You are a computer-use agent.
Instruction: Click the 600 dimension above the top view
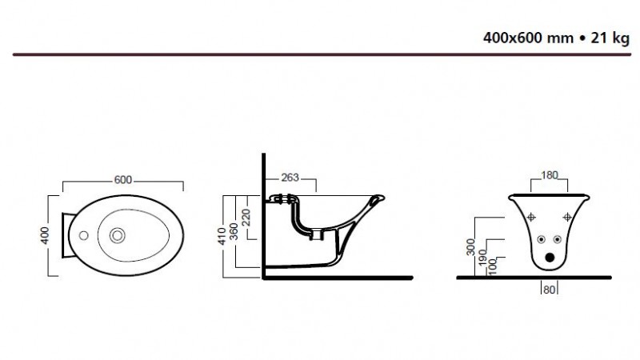click(x=122, y=179)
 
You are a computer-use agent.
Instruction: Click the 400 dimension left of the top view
click(x=46, y=235)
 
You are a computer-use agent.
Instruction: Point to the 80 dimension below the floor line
click(x=548, y=290)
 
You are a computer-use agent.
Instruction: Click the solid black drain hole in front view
click(x=548, y=258)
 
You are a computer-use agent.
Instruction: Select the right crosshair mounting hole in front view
click(x=566, y=215)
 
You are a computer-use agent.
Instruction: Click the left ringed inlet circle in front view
click(x=539, y=239)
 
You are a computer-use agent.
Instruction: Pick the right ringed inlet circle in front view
click(x=557, y=239)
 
